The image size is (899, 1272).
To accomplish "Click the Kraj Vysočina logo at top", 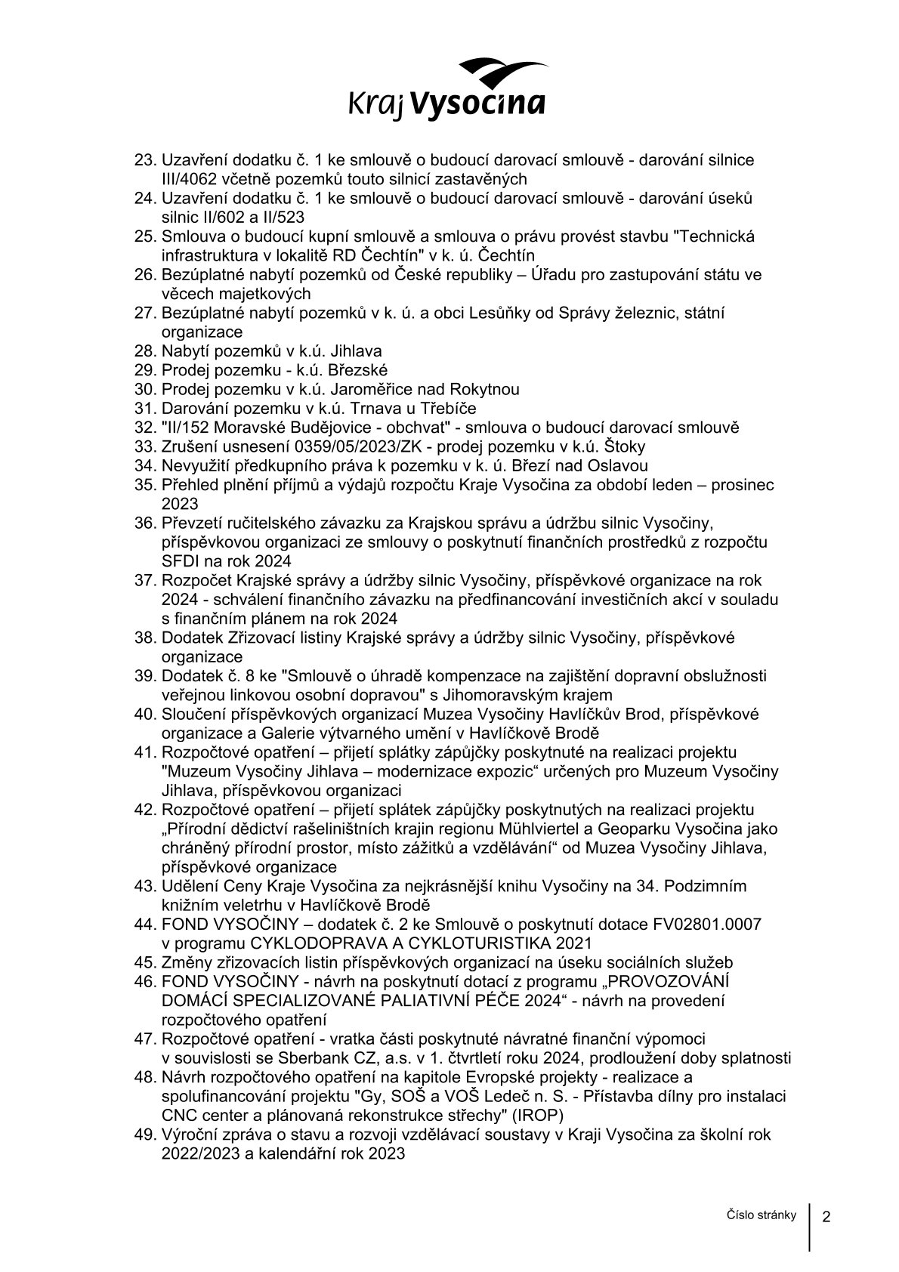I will pos(446,88).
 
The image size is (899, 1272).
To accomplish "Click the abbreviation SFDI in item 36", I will pos(180,560).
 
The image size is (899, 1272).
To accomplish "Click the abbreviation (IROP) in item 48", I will pos(534,1115).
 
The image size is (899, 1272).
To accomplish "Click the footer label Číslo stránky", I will pos(762,1215).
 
